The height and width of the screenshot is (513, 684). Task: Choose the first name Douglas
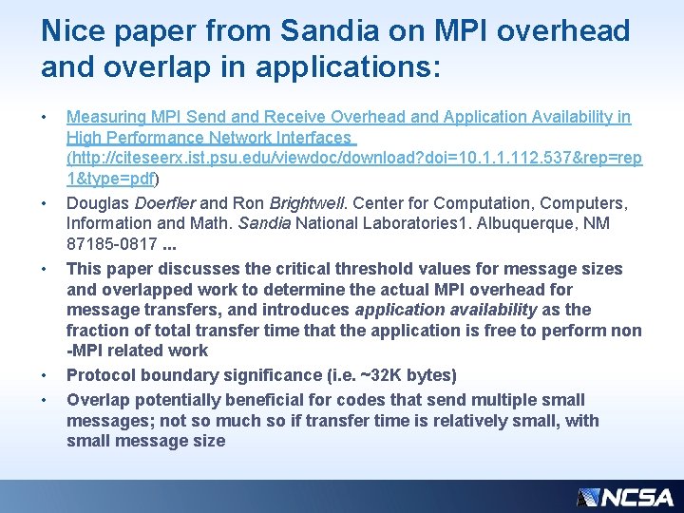point(98,203)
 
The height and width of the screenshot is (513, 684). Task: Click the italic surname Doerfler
point(165,203)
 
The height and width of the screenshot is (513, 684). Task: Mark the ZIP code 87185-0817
point(111,244)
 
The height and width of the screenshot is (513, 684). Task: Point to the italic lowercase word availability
point(504,310)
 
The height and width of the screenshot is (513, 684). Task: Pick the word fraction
point(96,331)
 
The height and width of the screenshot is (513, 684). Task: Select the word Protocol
point(98,375)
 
